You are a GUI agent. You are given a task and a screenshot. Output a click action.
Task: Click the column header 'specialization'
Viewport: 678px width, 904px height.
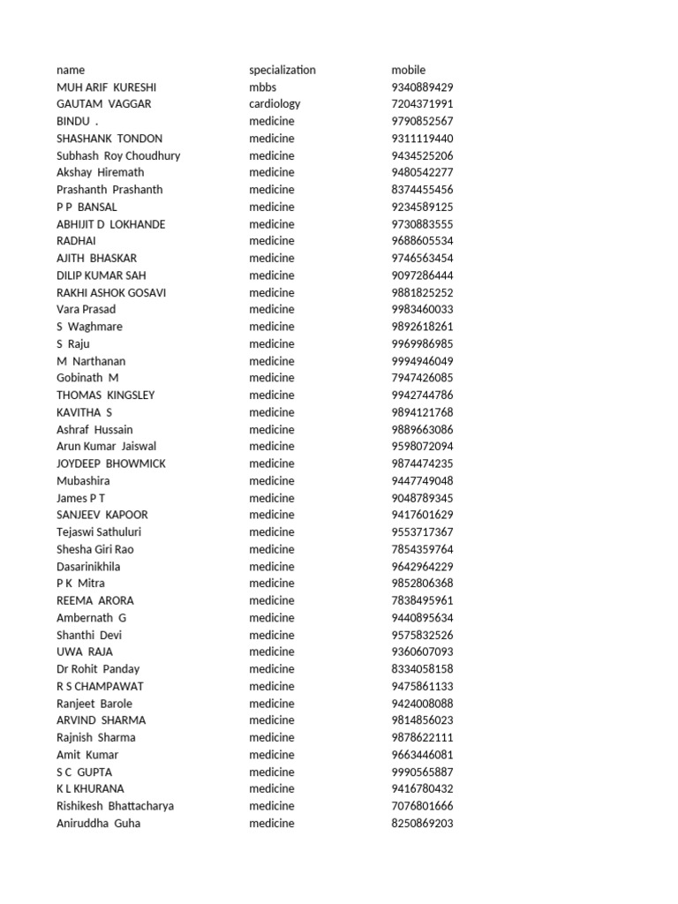click(x=282, y=70)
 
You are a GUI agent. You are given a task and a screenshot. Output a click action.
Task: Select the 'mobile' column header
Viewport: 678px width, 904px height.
click(x=408, y=70)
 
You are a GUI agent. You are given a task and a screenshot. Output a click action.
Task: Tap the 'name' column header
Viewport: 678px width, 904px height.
click(x=71, y=70)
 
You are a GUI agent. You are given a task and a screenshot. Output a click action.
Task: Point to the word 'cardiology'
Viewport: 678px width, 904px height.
click(x=275, y=104)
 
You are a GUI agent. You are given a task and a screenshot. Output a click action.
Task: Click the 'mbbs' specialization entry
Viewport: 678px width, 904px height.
click(x=262, y=87)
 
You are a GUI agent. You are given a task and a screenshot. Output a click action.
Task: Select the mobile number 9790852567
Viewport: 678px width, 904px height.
click(x=422, y=121)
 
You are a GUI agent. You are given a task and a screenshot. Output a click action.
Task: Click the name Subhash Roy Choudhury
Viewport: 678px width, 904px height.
click(x=118, y=155)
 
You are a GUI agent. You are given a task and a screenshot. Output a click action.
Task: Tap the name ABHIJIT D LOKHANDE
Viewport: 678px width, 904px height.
click(x=110, y=224)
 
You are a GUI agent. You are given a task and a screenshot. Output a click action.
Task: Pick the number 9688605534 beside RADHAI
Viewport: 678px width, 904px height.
click(x=422, y=241)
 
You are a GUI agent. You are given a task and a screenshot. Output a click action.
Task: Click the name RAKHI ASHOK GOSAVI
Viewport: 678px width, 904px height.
click(x=111, y=292)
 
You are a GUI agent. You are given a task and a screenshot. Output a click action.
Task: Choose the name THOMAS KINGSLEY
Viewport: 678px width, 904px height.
click(x=105, y=395)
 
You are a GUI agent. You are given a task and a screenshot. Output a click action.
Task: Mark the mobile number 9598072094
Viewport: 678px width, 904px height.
click(x=422, y=447)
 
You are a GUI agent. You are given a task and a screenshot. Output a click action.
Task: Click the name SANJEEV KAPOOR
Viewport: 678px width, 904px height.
click(x=102, y=515)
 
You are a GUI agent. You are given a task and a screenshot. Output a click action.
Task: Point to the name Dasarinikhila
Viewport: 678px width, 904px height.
click(x=88, y=567)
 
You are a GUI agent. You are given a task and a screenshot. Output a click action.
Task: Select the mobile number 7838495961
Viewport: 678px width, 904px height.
click(x=422, y=600)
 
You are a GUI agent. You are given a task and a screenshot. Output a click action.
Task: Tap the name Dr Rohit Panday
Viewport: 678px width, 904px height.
click(x=98, y=669)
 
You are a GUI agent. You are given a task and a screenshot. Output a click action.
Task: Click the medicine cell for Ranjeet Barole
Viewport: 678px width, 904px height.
click(x=271, y=704)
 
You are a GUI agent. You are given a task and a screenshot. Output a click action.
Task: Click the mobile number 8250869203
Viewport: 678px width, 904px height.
click(x=422, y=824)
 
